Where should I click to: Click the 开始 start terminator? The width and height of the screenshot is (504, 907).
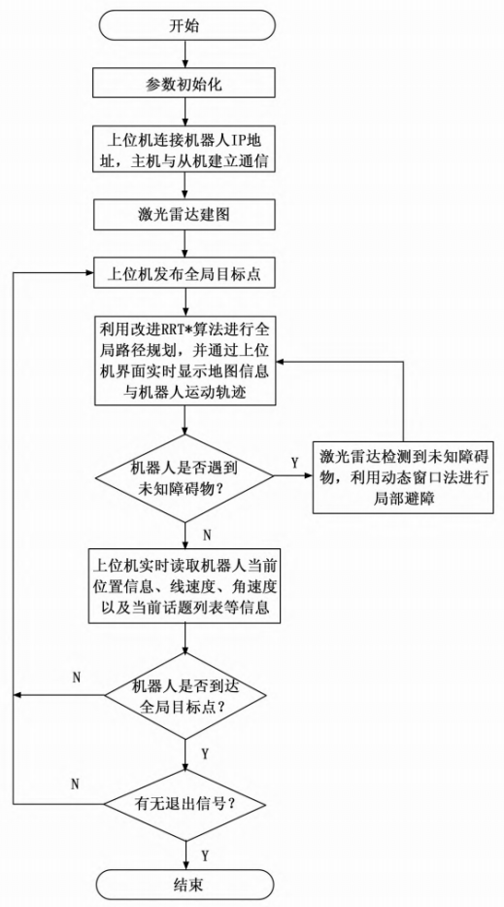point(185,26)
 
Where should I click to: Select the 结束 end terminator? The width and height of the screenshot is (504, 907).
point(185,884)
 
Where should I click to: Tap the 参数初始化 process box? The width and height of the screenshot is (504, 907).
point(185,85)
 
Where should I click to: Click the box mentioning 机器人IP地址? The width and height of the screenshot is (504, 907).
point(185,150)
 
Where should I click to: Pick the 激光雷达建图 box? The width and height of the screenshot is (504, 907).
point(185,215)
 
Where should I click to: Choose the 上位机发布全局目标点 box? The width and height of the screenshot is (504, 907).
point(185,273)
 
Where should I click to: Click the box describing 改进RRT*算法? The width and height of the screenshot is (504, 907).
point(185,360)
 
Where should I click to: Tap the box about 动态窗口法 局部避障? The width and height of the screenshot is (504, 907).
point(403,477)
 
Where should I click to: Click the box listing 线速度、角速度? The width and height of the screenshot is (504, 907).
point(185,585)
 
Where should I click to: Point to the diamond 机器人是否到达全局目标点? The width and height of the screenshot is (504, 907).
point(185,694)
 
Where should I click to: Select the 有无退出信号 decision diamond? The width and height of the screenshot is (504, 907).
point(185,805)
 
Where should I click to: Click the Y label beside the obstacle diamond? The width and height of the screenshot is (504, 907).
point(295,463)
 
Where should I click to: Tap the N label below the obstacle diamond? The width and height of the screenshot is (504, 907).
point(208,534)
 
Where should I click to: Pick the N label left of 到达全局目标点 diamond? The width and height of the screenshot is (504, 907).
point(77,678)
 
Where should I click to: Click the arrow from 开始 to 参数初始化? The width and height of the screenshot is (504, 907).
point(185,55)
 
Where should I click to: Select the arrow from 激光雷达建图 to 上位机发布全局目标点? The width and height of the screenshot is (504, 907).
point(185,244)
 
